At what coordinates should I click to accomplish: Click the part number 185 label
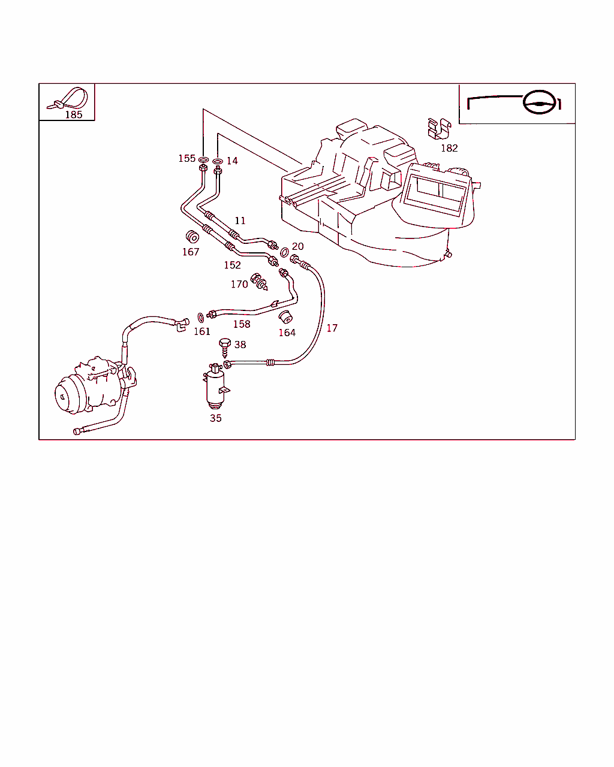click(73, 114)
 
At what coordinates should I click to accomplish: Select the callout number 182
click(449, 148)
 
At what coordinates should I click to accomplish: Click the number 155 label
click(186, 159)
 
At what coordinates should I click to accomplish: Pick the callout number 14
click(232, 161)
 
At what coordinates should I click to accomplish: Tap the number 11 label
click(240, 221)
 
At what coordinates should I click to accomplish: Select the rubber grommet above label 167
click(192, 237)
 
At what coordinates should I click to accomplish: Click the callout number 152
click(232, 265)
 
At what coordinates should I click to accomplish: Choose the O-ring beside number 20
click(284, 253)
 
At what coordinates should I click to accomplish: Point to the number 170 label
click(239, 284)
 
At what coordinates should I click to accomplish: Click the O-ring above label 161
click(200, 316)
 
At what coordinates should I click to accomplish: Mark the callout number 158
click(242, 324)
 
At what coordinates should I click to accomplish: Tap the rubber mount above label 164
click(287, 316)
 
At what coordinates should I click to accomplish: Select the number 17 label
click(332, 328)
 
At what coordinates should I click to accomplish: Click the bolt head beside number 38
click(225, 343)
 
